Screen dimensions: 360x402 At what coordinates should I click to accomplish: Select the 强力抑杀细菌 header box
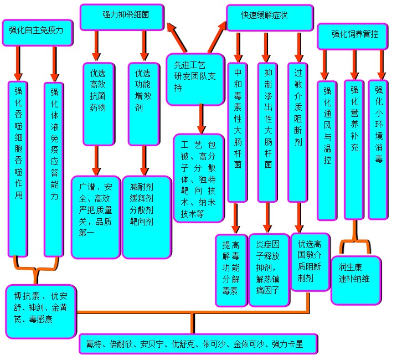point(122,17)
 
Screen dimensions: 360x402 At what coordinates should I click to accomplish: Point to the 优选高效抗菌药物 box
point(98,103)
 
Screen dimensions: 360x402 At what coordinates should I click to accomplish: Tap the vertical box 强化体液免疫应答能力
point(54,169)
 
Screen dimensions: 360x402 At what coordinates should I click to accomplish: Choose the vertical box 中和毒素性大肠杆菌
point(238,132)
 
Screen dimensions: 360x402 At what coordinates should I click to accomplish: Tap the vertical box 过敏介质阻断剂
point(298,132)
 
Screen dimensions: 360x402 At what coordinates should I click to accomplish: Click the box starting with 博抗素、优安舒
point(40,310)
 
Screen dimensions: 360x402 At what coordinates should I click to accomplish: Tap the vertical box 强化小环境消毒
point(379,150)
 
